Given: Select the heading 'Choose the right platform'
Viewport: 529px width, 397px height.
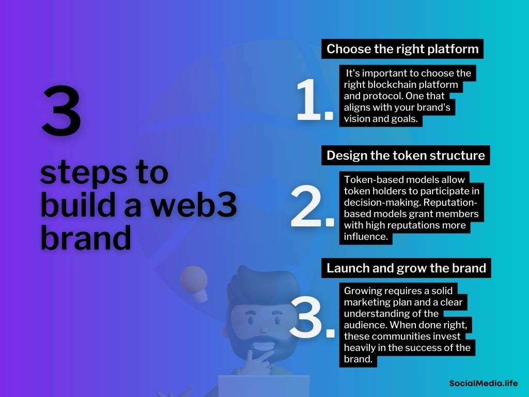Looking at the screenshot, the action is [x=402, y=49].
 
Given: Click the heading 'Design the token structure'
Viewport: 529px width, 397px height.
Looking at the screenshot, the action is [x=406, y=155].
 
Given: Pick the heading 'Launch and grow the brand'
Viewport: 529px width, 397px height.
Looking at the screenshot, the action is [x=406, y=268].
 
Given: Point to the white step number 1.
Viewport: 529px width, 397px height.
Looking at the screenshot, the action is [x=314, y=100].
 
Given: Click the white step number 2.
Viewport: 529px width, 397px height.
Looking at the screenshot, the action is [x=312, y=206].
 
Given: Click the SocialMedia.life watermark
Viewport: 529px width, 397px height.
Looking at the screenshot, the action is [x=483, y=383].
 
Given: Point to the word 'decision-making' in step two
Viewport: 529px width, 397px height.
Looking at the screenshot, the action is [x=382, y=203].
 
